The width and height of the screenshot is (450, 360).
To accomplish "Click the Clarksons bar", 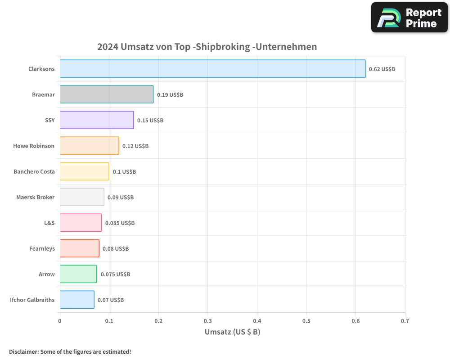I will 212,69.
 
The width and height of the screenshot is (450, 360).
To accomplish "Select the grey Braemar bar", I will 107,94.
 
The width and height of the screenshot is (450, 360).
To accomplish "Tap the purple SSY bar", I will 97,120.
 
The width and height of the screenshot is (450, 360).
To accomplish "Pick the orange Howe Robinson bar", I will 89,146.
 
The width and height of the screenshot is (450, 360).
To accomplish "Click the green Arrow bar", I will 78,274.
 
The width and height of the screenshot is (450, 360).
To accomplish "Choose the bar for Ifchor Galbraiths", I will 77,300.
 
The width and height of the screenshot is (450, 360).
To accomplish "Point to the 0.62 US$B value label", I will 382,69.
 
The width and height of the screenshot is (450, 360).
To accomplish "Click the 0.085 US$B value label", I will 120,223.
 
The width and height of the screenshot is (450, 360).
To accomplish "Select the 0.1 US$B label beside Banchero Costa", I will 124,172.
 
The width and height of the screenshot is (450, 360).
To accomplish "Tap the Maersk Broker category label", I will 36,197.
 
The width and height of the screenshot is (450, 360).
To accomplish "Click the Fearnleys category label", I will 42,248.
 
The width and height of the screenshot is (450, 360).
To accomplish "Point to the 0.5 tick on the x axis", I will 306,321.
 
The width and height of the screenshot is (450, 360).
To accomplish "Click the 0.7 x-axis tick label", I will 405,321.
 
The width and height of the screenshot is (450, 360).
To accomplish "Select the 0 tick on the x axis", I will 60,321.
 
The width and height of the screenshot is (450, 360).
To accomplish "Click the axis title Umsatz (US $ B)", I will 232,332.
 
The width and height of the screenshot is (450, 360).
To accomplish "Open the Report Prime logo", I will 409,18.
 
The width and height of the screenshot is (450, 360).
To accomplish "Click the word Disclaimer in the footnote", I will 23,351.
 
